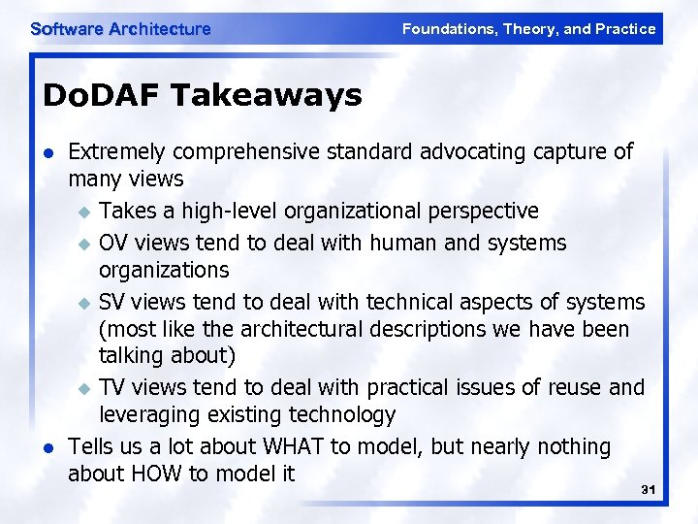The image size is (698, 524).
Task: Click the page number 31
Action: click(x=649, y=490)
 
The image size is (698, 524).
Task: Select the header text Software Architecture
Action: click(x=120, y=29)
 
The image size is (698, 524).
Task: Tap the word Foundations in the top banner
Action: click(x=449, y=29)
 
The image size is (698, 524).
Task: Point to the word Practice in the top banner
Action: click(x=625, y=29)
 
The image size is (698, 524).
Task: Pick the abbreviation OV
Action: click(x=113, y=242)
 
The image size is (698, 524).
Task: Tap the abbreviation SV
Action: click(x=112, y=302)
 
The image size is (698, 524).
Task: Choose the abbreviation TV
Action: click(x=112, y=387)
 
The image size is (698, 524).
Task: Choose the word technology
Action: click(x=341, y=416)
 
